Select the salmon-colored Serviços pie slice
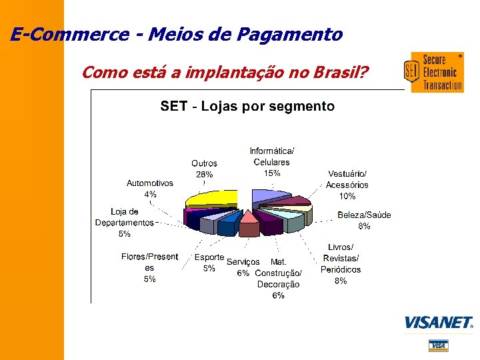click(249, 223)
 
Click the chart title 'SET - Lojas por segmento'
click(247, 106)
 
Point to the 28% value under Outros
click(204, 174)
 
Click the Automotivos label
click(150, 183)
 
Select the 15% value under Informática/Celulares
click(271, 173)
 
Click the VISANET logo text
click(438, 323)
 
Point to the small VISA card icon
click(438, 345)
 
